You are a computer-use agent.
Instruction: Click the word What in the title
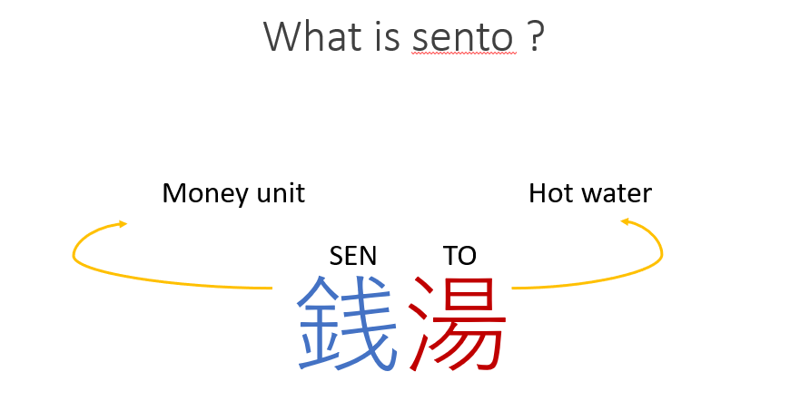[x=312, y=36]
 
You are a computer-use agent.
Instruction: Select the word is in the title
[x=387, y=36]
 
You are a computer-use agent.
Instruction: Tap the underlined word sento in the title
[x=463, y=38]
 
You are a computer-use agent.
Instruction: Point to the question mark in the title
[x=537, y=36]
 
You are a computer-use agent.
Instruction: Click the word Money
[x=205, y=194]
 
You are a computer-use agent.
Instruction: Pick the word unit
[x=281, y=193]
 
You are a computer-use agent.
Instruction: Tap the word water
[x=617, y=194]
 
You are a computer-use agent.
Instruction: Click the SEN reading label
[x=352, y=256]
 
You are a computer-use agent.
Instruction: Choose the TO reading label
[x=459, y=256]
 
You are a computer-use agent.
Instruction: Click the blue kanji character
[x=347, y=323]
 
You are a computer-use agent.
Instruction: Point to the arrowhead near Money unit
[x=123, y=223]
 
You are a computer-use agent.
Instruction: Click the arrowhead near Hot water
[x=626, y=221]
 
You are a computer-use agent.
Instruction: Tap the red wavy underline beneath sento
[x=463, y=53]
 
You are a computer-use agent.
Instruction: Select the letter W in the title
[x=283, y=36]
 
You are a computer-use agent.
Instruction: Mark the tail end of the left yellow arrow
[x=272, y=289]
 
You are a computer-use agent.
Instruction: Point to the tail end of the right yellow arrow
[x=512, y=289]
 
